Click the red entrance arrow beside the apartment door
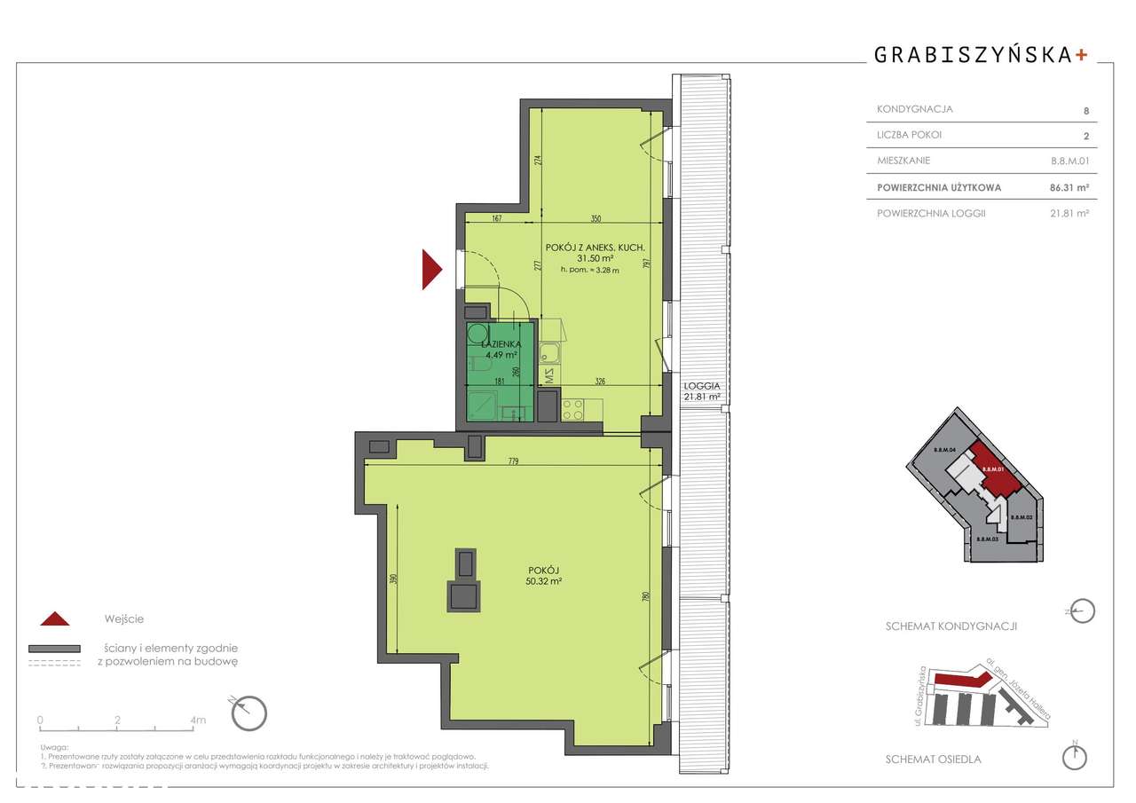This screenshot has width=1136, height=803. [x=430, y=270]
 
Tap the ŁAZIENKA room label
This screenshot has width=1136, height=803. [x=500, y=343]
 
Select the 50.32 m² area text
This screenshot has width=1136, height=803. [x=544, y=581]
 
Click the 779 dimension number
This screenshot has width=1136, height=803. [x=514, y=461]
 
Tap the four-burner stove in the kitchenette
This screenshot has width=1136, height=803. [x=572, y=410]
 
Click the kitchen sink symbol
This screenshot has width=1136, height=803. [x=550, y=356]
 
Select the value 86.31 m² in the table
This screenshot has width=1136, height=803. [x=1069, y=187]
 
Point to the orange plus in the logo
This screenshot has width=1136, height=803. [x=1080, y=54]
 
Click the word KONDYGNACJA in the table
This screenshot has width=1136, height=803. [x=914, y=109]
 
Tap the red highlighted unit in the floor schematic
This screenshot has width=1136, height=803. [x=997, y=470]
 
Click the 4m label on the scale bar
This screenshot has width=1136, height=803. [x=197, y=720]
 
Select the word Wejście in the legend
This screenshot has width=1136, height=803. [x=123, y=618]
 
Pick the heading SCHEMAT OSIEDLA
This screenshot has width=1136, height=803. [x=934, y=760]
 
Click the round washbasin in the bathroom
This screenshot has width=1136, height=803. [x=479, y=331]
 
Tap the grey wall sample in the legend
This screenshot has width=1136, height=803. [x=54, y=649]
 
